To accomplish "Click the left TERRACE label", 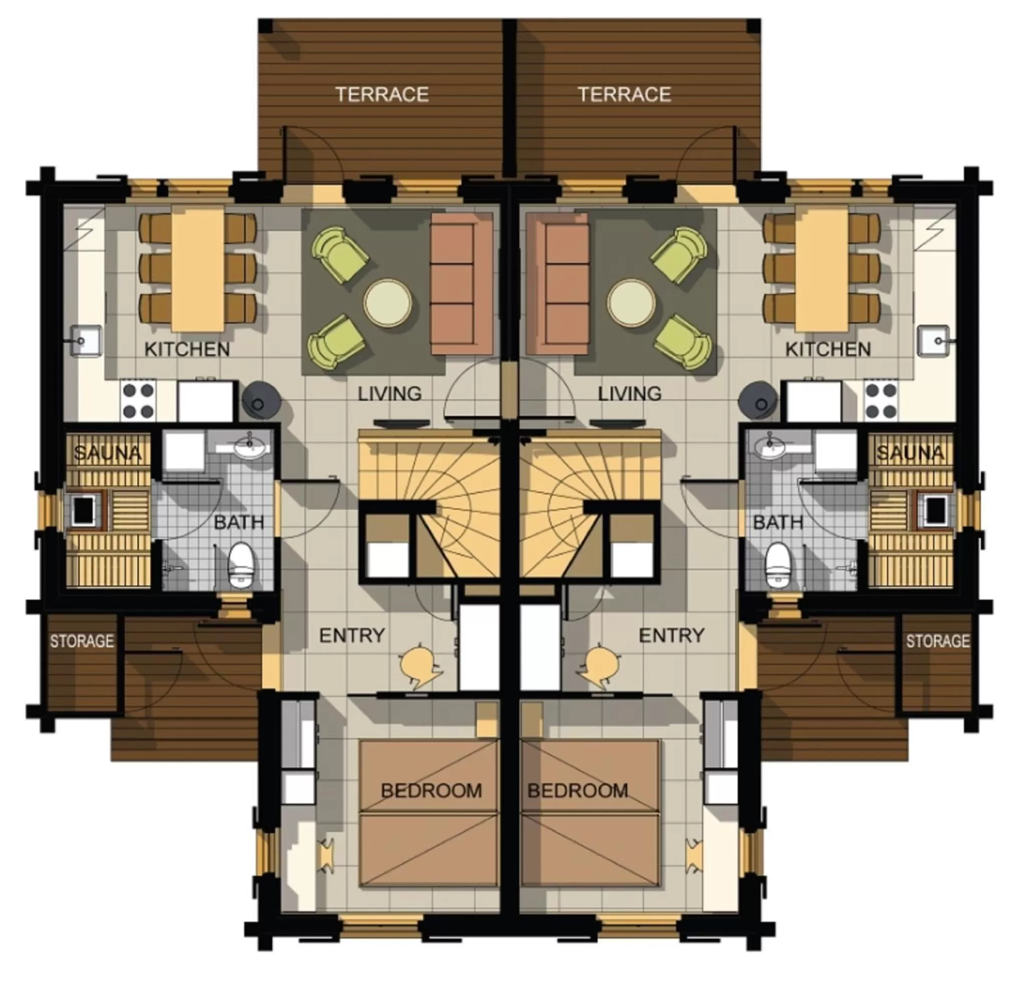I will click(x=382, y=94).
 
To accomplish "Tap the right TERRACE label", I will click(x=624, y=94).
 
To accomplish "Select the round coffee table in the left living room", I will click(x=388, y=303).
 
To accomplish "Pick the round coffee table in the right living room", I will click(x=631, y=303).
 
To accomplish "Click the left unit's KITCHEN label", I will click(x=187, y=349).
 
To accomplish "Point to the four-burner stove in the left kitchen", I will click(x=138, y=401).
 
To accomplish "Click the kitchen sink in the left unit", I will click(x=85, y=340).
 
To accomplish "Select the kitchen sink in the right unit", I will click(x=933, y=340).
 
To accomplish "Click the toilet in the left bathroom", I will click(x=241, y=564).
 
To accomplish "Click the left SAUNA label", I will click(x=107, y=453).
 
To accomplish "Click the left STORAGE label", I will click(x=82, y=641).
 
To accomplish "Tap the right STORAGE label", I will click(x=938, y=641).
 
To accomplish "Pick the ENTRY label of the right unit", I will click(x=671, y=636).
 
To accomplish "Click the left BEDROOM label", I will click(x=431, y=791).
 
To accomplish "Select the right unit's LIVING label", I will click(x=629, y=393).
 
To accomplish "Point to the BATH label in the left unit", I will click(x=239, y=522).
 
